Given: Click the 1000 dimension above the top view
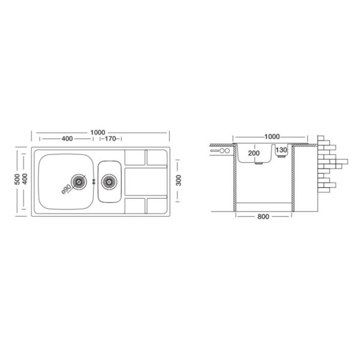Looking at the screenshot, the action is pyautogui.click(x=98, y=133).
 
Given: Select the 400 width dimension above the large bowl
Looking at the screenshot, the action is pyautogui.click(x=67, y=139).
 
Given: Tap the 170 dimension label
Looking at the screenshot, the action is pyautogui.click(x=110, y=139).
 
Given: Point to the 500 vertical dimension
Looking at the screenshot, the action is pyautogui.click(x=17, y=180).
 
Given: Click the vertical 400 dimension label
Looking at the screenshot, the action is pyautogui.click(x=25, y=179).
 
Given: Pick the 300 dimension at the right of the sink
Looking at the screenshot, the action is pyautogui.click(x=178, y=180).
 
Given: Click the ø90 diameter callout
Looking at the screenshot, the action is pyautogui.click(x=67, y=189).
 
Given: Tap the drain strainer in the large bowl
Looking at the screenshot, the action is pyautogui.click(x=79, y=182).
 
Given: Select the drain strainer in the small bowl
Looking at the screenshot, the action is pyautogui.click(x=109, y=182).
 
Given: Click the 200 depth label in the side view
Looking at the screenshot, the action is pyautogui.click(x=254, y=153).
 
